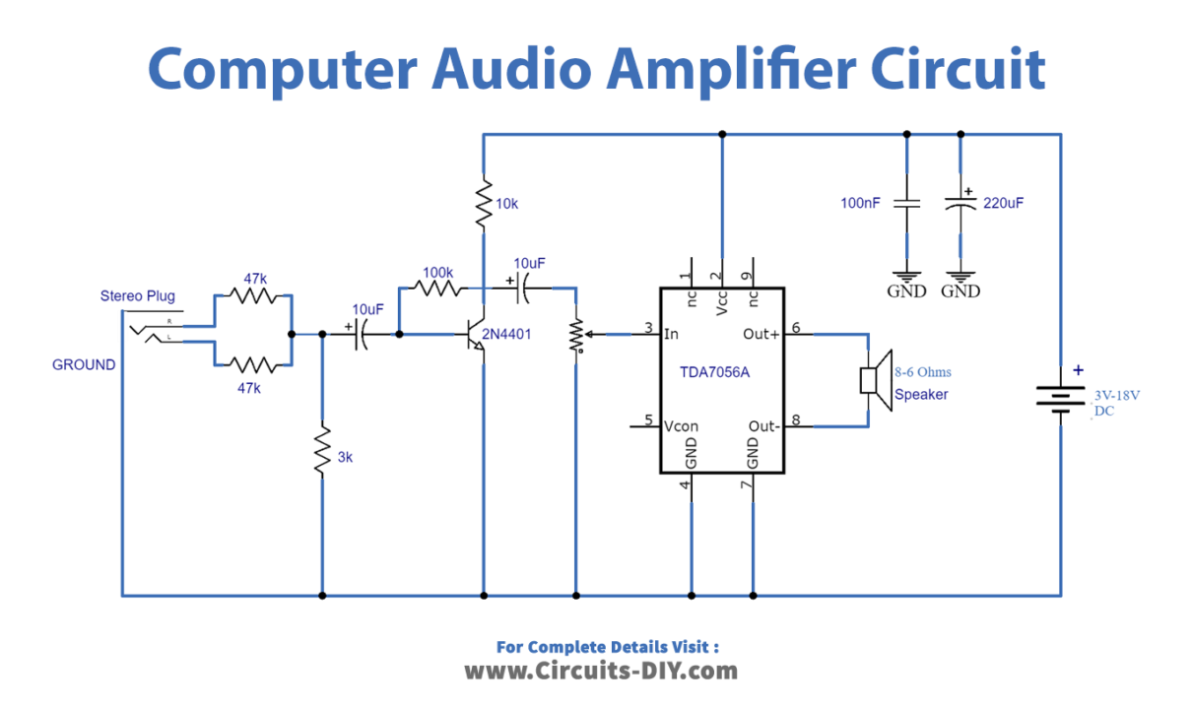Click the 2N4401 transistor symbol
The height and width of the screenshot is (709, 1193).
[x=478, y=335]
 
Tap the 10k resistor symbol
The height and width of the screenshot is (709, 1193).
[x=483, y=205]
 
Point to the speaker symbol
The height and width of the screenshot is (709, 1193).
[x=872, y=379]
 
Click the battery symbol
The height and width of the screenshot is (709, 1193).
[x=1060, y=399]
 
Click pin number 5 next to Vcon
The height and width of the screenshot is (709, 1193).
[x=649, y=419]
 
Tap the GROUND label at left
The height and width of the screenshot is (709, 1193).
[x=84, y=364]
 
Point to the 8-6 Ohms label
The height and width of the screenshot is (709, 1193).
[x=922, y=372]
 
